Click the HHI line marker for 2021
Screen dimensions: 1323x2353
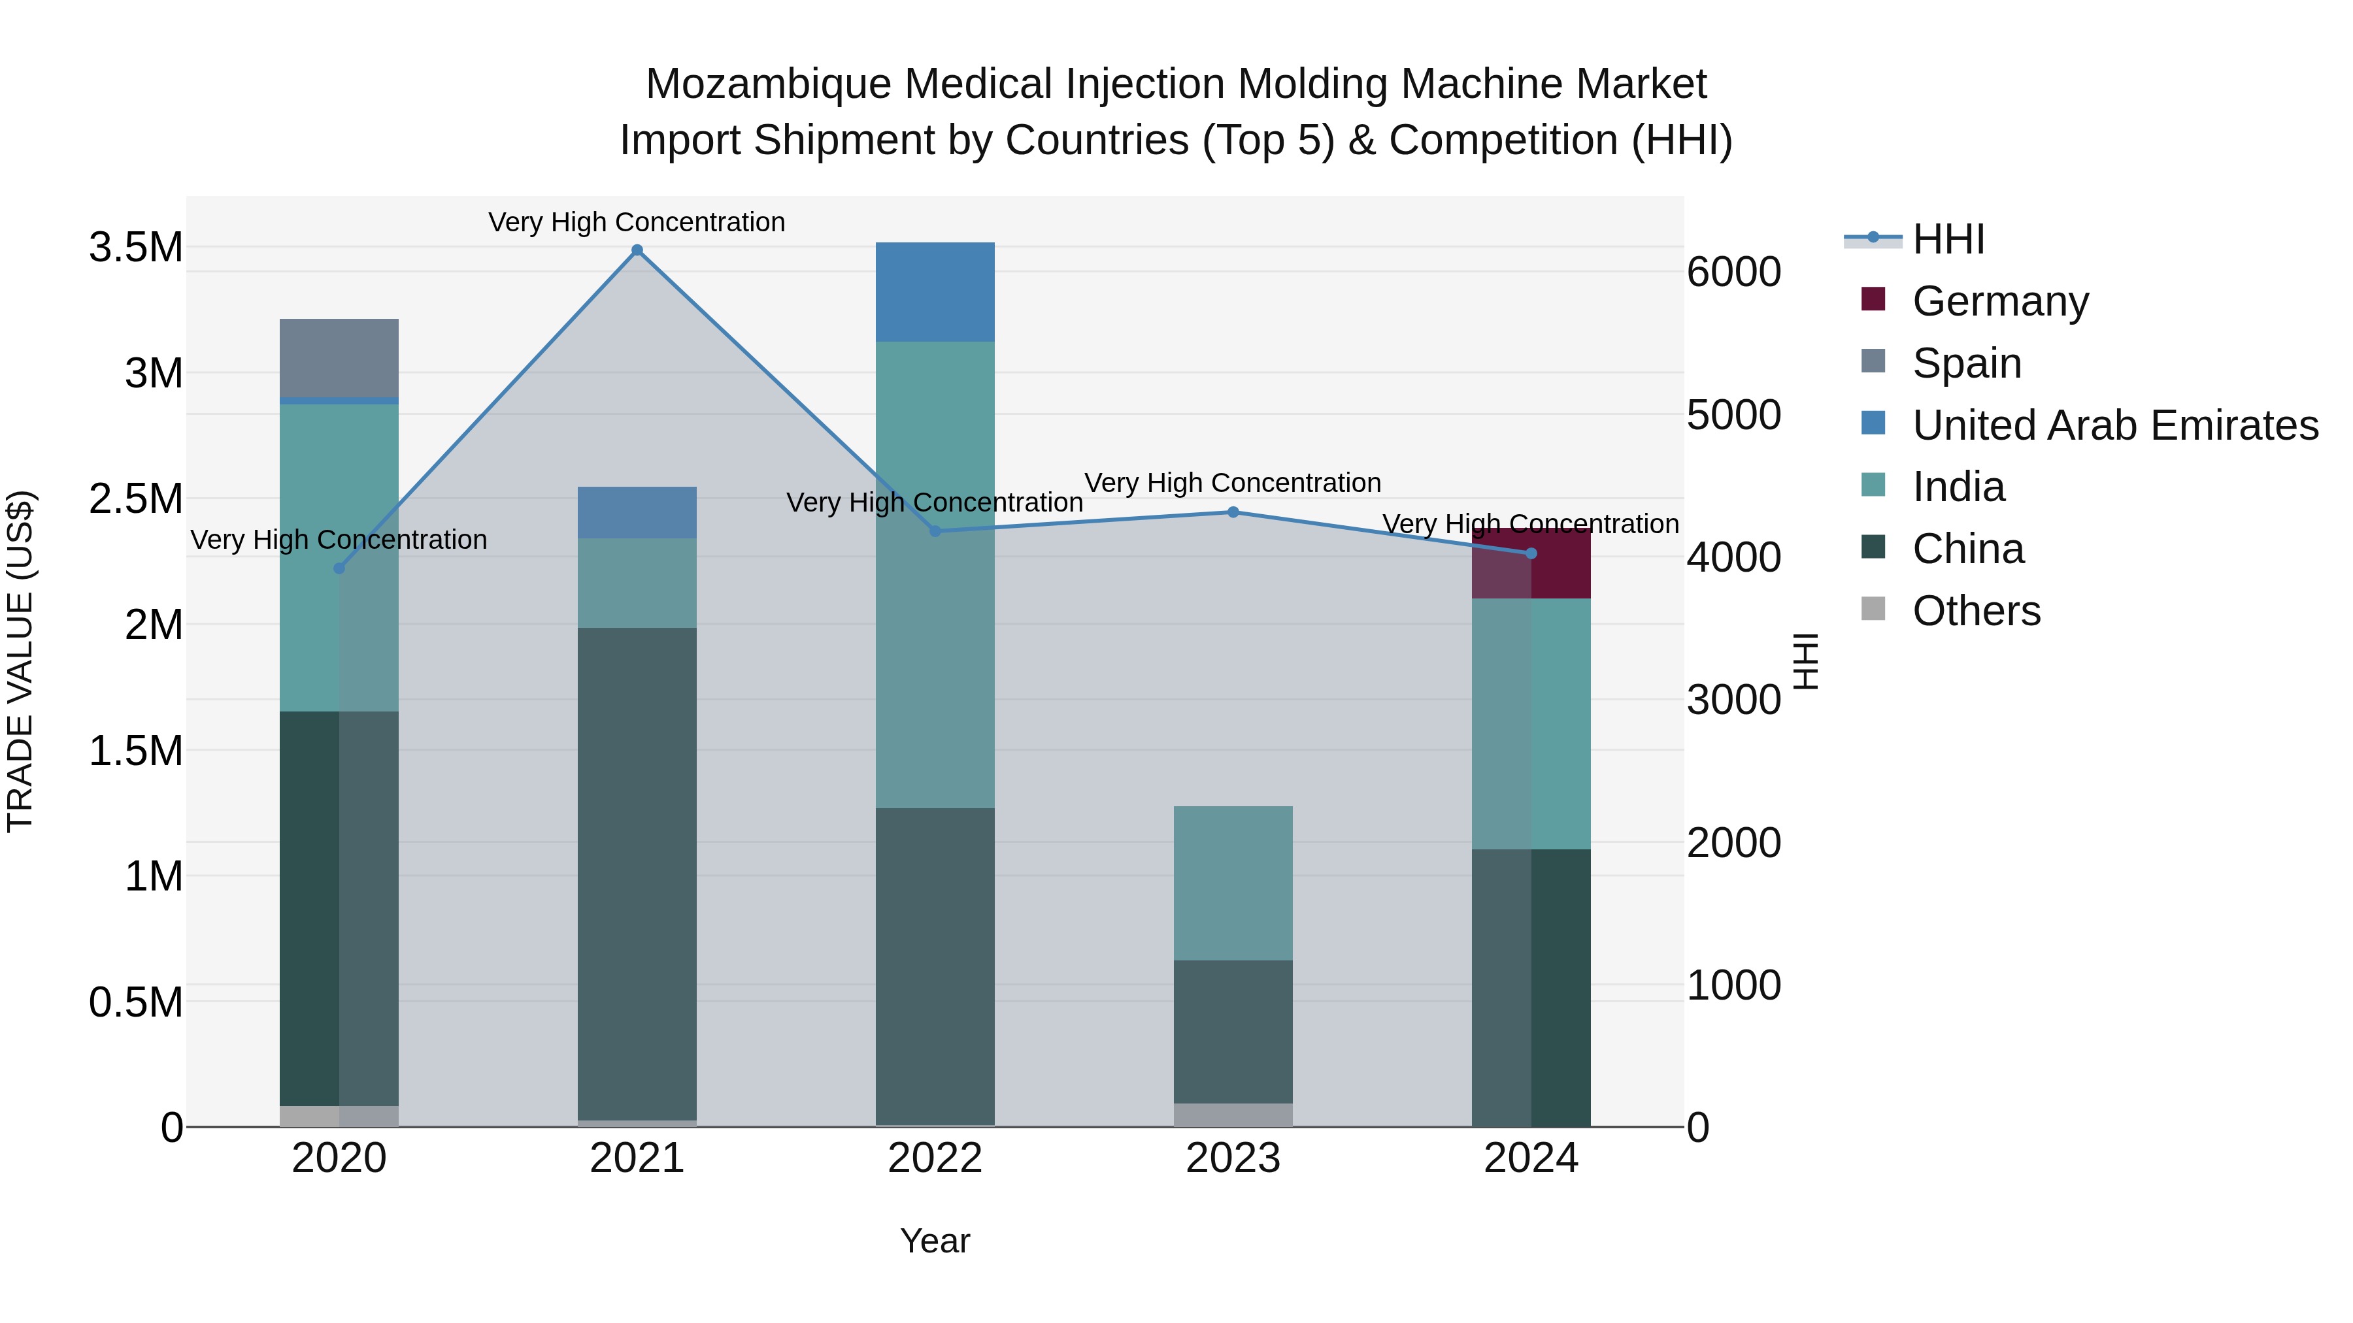coord(637,250)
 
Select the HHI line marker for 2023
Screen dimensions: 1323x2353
coord(1233,512)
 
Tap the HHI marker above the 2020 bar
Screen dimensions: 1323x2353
coord(339,568)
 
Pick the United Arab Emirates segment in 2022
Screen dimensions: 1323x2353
coord(935,292)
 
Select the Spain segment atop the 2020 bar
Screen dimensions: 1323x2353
coord(339,358)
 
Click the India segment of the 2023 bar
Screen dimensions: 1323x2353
coord(1233,882)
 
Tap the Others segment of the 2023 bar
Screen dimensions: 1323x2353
coord(1233,1114)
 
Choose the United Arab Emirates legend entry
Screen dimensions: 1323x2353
coord(2114,425)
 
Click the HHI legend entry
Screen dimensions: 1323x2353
coord(1948,239)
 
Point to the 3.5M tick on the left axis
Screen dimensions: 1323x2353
coord(135,248)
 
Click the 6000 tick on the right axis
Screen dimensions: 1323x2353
coord(1733,272)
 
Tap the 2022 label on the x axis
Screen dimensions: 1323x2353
coord(935,1158)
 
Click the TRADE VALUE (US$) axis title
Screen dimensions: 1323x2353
coord(20,661)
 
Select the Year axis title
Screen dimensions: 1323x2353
coord(935,1241)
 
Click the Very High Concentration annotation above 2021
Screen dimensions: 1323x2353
coord(637,222)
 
